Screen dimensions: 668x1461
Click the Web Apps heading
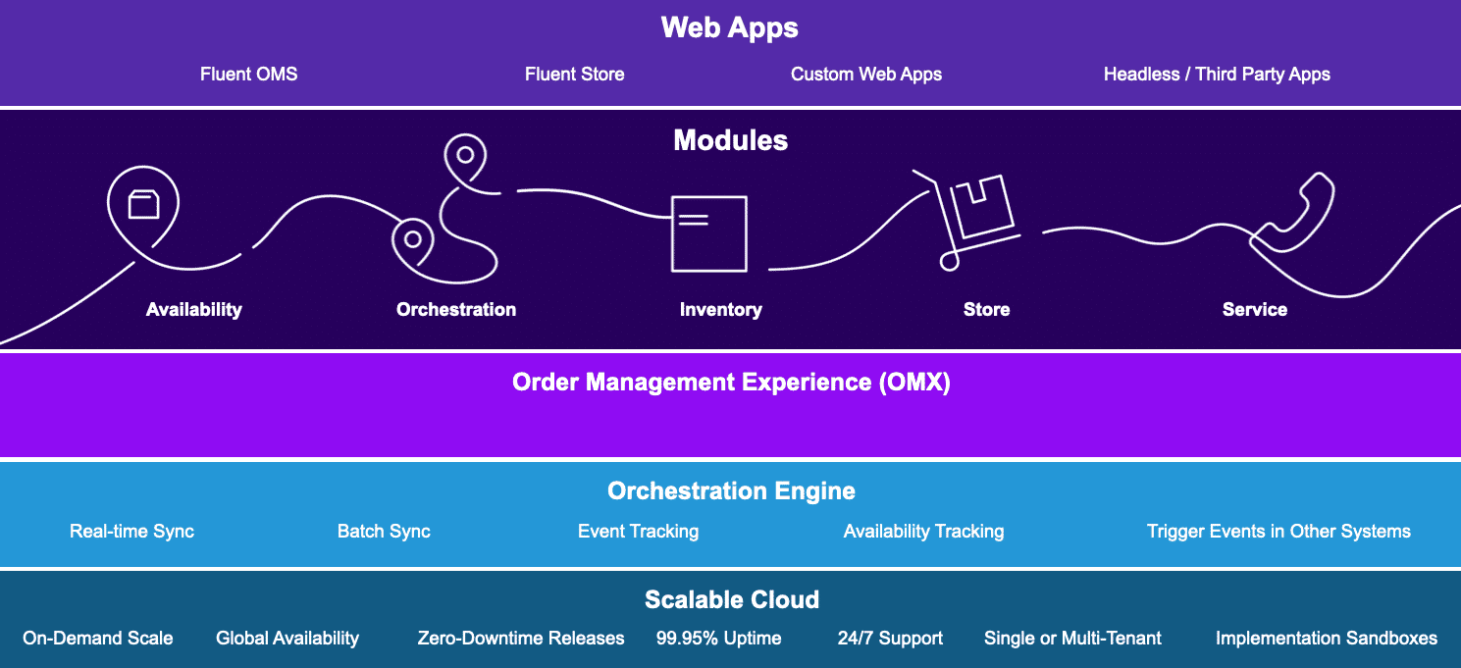pyautogui.click(x=729, y=27)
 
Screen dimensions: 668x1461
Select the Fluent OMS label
pyautogui.click(x=248, y=75)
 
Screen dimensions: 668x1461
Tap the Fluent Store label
pyautogui.click(x=574, y=75)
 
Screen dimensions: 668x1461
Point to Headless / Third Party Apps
pyautogui.click(x=1217, y=75)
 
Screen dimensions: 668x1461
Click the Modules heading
pyautogui.click(x=730, y=140)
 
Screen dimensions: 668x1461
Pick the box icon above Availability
pyautogui.click(x=143, y=204)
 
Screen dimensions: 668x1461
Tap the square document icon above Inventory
pyautogui.click(x=708, y=233)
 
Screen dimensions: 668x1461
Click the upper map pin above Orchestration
pyautogui.click(x=465, y=156)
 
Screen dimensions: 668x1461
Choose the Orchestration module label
pyautogui.click(x=455, y=310)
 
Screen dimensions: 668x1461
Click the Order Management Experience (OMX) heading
pyautogui.click(x=731, y=382)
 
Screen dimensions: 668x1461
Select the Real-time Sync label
pyautogui.click(x=131, y=532)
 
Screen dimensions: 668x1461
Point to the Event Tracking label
pyautogui.click(x=638, y=532)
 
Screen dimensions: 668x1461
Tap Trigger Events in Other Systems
pyautogui.click(x=1278, y=532)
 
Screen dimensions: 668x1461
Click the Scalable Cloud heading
pyautogui.click(x=731, y=599)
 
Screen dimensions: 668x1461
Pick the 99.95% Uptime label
pyautogui.click(x=718, y=639)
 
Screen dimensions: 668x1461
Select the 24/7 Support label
pyautogui.click(x=890, y=639)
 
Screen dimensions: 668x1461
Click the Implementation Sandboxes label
pyautogui.click(x=1326, y=639)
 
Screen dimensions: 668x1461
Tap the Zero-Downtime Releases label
pyautogui.click(x=520, y=639)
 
